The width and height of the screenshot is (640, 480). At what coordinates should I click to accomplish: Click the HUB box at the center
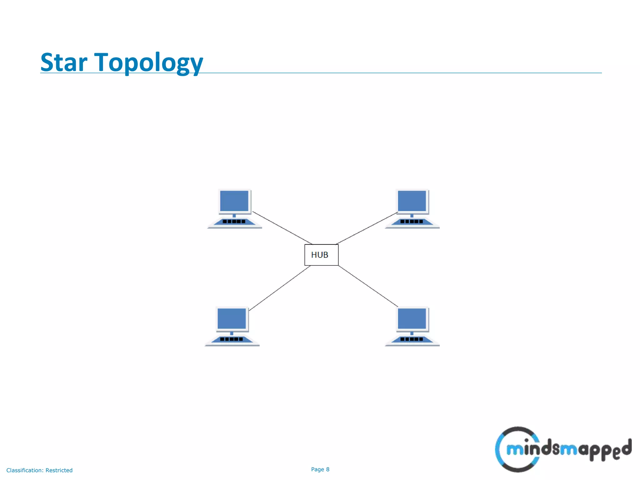(x=321, y=255)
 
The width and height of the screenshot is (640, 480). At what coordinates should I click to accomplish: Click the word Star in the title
(x=64, y=62)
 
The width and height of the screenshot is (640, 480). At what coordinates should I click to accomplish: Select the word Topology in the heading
(x=148, y=62)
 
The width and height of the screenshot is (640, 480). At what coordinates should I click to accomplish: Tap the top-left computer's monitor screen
(x=234, y=201)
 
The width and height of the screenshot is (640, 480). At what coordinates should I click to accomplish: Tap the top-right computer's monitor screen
(x=412, y=201)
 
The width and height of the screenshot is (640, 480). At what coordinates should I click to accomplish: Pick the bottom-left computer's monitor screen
(x=232, y=318)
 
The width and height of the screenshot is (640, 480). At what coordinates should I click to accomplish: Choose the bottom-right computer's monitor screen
(x=412, y=318)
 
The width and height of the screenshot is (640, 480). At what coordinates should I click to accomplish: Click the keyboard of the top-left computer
(x=234, y=222)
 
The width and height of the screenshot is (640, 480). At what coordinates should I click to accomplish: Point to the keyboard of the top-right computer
(x=412, y=222)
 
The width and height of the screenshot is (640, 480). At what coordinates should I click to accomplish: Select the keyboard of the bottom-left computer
(x=232, y=339)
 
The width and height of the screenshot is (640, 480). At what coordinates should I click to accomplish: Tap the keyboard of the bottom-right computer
(x=412, y=339)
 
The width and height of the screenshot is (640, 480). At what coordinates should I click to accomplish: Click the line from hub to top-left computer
(x=282, y=228)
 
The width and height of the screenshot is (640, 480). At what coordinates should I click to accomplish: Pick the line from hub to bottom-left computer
(x=280, y=288)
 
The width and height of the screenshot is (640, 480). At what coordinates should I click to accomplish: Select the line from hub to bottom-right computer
(x=368, y=286)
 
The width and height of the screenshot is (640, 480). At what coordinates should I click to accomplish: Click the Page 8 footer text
(x=320, y=469)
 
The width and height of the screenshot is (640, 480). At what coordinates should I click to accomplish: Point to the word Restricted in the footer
(x=59, y=470)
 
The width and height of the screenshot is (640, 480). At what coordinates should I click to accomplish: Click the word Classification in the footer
(x=25, y=470)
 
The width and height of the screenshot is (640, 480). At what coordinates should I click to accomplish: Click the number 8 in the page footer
(x=328, y=469)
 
